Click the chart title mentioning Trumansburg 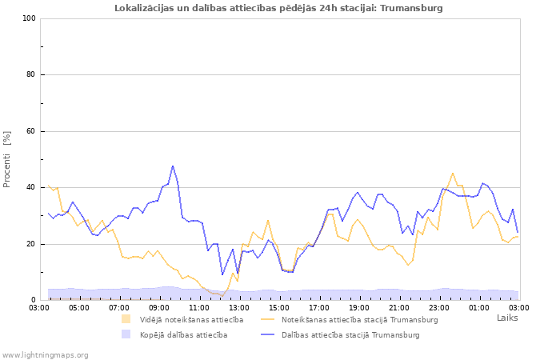coord(278,8)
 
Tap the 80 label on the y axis coord(31,75)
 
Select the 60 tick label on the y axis coord(31,131)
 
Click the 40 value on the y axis coord(31,188)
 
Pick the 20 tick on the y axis coord(31,244)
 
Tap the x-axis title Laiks coord(507,318)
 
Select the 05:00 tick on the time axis coord(79,307)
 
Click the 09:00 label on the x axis coord(159,307)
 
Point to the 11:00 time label coord(199,307)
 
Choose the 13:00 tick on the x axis coord(239,307)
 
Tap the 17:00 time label coord(319,307)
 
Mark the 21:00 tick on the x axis coord(399,307)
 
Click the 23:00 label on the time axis coord(439,307)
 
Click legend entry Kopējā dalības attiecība coord(183,334)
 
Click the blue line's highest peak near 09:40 coord(172,166)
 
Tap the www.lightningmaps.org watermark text coord(46,354)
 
